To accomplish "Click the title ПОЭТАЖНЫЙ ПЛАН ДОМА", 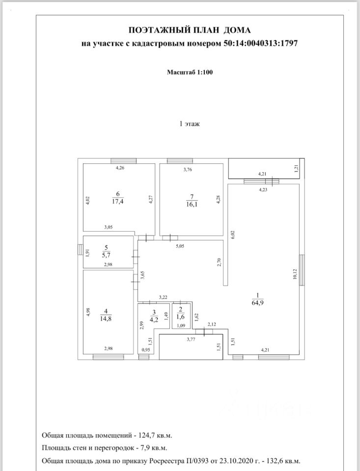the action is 189,31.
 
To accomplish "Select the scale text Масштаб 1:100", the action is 190,72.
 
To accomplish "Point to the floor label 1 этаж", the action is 190,124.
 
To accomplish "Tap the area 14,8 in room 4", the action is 107,318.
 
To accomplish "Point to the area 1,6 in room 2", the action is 180,317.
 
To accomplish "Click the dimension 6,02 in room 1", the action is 233,235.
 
